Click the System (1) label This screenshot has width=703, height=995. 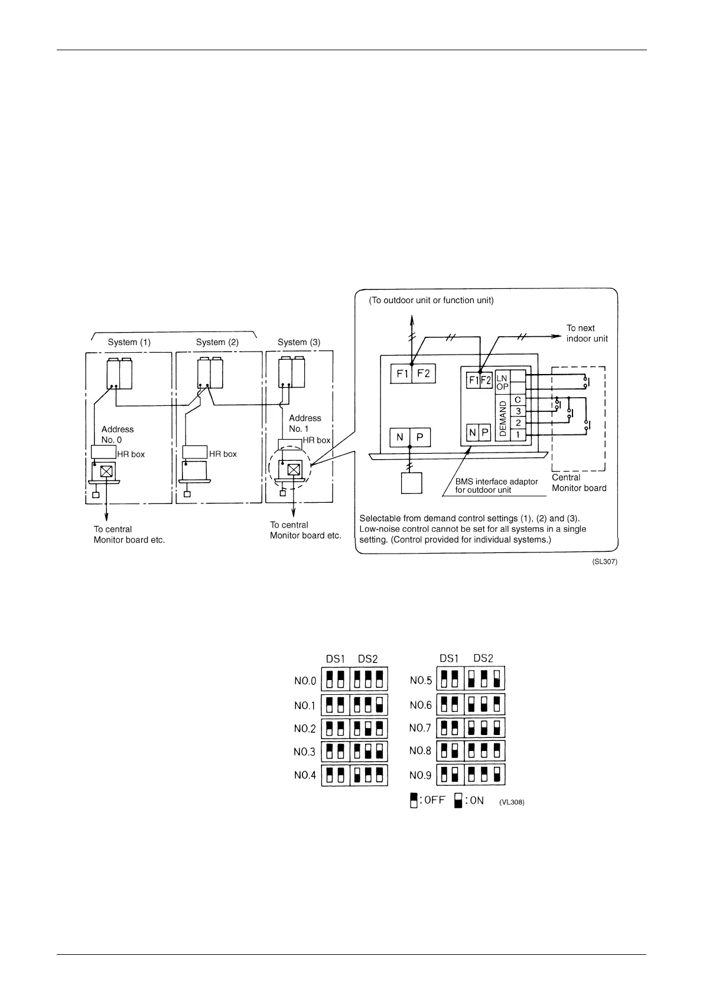point(129,342)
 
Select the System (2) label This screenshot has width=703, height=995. point(217,342)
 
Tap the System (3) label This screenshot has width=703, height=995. point(299,342)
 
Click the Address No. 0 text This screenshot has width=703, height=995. point(117,434)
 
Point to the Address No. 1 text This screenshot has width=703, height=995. point(305,423)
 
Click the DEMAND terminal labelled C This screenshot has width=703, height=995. point(518,400)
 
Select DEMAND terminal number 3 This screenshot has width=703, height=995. point(518,411)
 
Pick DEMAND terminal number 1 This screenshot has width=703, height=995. point(518,434)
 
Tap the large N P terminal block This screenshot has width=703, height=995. point(410,437)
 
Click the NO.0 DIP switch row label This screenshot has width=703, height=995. point(305,681)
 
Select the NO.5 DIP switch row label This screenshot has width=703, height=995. point(421,680)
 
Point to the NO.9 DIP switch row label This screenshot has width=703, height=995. point(421,775)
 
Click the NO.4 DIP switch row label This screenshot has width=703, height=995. point(305,775)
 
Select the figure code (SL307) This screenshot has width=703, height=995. point(604,562)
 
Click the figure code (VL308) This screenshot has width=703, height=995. point(512,802)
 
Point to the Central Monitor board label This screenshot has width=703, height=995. point(579,483)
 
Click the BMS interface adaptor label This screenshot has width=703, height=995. point(496,486)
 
